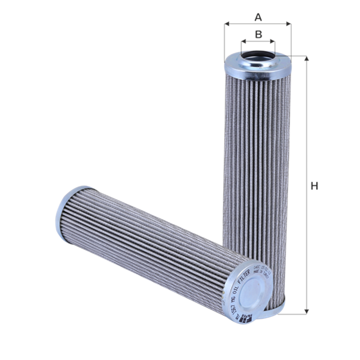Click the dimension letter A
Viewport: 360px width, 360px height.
[258, 17]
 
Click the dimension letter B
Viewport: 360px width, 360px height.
[258, 35]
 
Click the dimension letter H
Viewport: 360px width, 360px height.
[315, 186]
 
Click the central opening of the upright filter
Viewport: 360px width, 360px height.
[258, 55]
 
